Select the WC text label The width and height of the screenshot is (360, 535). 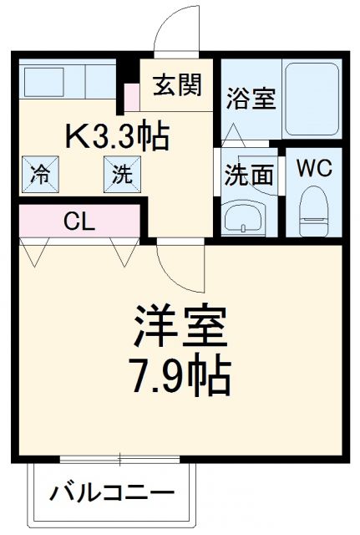[x=315, y=167]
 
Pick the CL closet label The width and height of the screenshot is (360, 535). [x=80, y=222]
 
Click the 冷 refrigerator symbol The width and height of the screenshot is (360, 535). [x=39, y=175]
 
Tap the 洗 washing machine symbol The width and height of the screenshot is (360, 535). [x=122, y=175]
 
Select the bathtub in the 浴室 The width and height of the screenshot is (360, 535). [x=311, y=100]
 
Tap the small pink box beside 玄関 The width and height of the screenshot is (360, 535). [x=131, y=97]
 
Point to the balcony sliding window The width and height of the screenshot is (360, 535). [x=122, y=459]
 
